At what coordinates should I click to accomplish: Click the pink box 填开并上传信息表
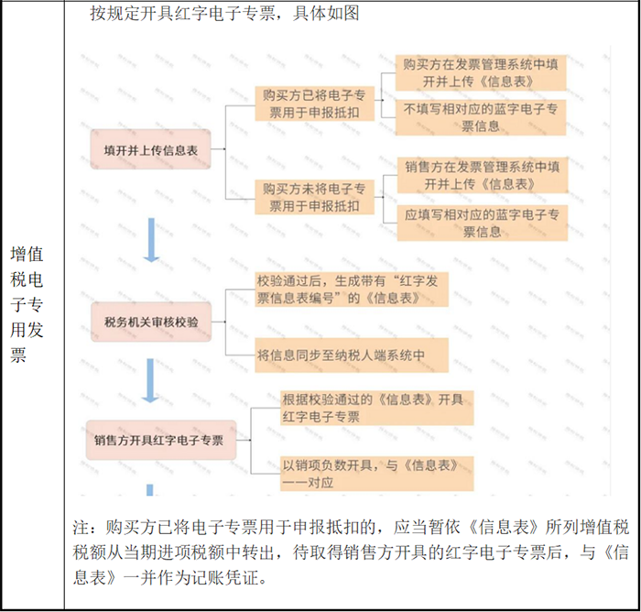pyautogui.click(x=150, y=149)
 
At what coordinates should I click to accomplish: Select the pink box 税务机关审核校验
pyautogui.click(x=151, y=322)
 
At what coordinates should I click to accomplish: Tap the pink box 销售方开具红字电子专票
pyautogui.click(x=161, y=440)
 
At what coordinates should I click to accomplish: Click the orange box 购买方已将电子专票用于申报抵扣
pyautogui.click(x=314, y=104)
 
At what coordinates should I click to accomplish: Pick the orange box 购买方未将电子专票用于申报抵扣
pyautogui.click(x=314, y=197)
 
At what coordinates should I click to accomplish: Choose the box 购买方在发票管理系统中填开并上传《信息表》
pyautogui.click(x=481, y=72)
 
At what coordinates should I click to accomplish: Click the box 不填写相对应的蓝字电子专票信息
pyautogui.click(x=481, y=117)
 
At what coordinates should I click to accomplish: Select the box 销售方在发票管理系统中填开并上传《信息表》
pyautogui.click(x=483, y=175)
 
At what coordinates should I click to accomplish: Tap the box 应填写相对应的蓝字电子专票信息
pyautogui.click(x=483, y=223)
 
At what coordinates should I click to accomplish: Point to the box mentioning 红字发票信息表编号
pyautogui.click(x=352, y=290)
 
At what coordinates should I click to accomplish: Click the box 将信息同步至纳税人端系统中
pyautogui.click(x=352, y=355)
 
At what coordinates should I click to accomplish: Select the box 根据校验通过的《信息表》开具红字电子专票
pyautogui.click(x=377, y=408)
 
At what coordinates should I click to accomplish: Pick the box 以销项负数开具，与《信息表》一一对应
pyautogui.click(x=377, y=474)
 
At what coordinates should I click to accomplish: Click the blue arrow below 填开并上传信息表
pyautogui.click(x=151, y=240)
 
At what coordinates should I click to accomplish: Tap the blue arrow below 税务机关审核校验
pyautogui.click(x=150, y=380)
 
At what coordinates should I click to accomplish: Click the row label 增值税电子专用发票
pyautogui.click(x=27, y=304)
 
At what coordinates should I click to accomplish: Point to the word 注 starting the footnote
pyautogui.click(x=81, y=528)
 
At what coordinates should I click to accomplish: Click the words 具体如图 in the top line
pyautogui.click(x=326, y=14)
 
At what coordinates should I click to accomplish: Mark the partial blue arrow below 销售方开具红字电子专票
pyautogui.click(x=149, y=489)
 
